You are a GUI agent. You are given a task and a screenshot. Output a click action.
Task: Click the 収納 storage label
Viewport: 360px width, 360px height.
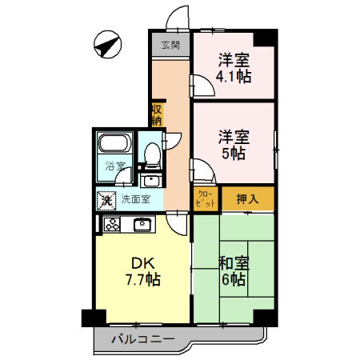pyautogui.click(x=158, y=114)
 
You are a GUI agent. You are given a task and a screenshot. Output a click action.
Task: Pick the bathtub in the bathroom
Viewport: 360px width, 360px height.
pyautogui.click(x=115, y=146)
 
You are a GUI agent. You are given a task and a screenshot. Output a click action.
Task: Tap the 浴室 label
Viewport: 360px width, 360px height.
pyautogui.click(x=115, y=167)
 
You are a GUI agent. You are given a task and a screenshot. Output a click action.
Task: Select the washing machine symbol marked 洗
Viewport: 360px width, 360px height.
pyautogui.click(x=106, y=199)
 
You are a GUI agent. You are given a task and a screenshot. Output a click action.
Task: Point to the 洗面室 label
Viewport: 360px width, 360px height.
pyautogui.click(x=136, y=199)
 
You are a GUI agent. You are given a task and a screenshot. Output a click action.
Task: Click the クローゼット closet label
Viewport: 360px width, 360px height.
pyautogui.click(x=204, y=198)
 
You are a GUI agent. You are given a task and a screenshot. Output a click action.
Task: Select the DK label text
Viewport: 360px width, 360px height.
pyautogui.click(x=142, y=262)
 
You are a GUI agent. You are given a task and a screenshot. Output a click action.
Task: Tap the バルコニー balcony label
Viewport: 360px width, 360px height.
pyautogui.click(x=142, y=339)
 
